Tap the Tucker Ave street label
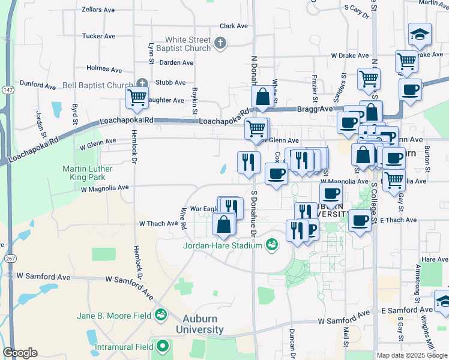[x=99, y=36]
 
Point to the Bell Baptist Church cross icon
[x=142, y=83]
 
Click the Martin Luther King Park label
[x=88, y=173]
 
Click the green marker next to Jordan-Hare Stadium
[x=271, y=244]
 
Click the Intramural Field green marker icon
[x=163, y=346]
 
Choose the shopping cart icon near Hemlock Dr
[x=137, y=97]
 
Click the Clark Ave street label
[x=234, y=26]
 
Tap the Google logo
[x=20, y=353]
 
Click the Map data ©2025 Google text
[x=412, y=355]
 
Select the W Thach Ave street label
[x=158, y=223]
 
